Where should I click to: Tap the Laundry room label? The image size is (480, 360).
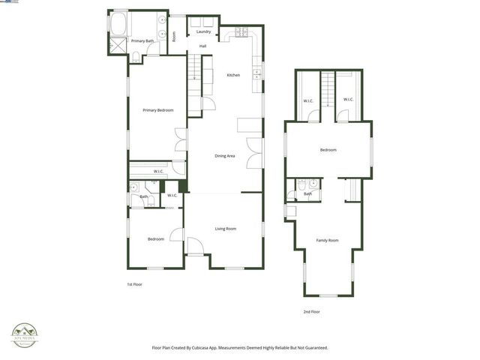coord(203,31)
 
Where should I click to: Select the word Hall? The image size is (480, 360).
coord(202,46)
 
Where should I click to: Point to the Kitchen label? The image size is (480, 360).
coord(233,75)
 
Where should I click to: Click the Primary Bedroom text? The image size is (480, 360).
coord(158,110)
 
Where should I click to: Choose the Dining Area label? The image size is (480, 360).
coord(225,155)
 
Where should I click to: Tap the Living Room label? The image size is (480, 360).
coord(226,228)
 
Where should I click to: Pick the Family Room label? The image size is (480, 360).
coord(327,240)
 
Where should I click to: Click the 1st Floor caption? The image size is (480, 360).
coord(134,285)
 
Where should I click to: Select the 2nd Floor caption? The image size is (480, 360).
coord(311,311)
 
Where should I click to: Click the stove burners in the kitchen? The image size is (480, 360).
coord(241,31)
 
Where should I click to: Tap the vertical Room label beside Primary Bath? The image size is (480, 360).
coord(174,36)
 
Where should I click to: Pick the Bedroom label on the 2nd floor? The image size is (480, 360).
coord(328,150)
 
